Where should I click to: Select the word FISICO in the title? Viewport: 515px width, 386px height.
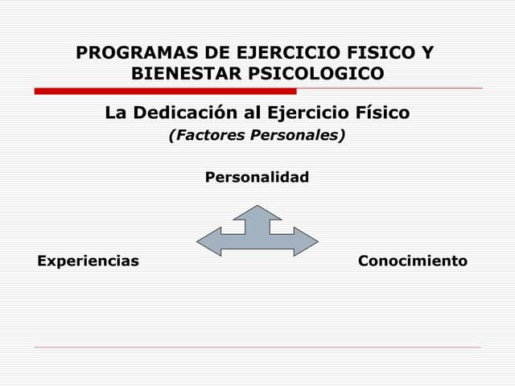tap(378, 54)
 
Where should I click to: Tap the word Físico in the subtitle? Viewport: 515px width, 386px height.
tap(377, 113)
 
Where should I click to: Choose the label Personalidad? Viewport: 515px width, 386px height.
tap(257, 177)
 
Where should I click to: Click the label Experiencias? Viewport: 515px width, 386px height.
tap(88, 261)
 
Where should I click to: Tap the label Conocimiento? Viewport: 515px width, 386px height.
tap(412, 261)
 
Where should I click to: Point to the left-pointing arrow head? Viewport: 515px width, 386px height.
tap(208, 241)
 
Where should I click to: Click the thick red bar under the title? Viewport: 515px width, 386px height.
tap(165, 91)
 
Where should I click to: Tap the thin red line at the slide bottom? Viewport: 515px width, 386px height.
tap(257, 347)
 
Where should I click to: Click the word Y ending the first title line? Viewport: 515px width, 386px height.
tap(427, 54)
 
